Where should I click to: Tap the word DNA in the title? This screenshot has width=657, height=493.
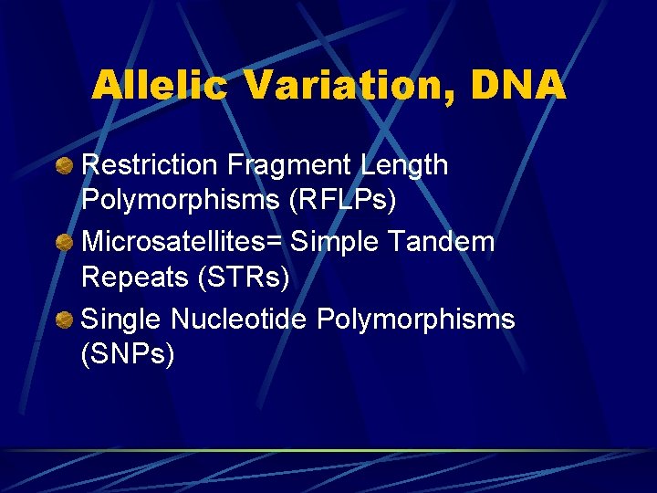[x=518, y=86]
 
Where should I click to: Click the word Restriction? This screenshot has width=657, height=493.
[x=151, y=165]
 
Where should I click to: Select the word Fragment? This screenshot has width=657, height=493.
[x=288, y=165]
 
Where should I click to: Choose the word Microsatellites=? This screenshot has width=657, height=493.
[x=182, y=242]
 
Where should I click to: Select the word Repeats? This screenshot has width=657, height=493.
[x=133, y=277]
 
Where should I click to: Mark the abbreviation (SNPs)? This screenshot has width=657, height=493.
[x=128, y=353]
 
